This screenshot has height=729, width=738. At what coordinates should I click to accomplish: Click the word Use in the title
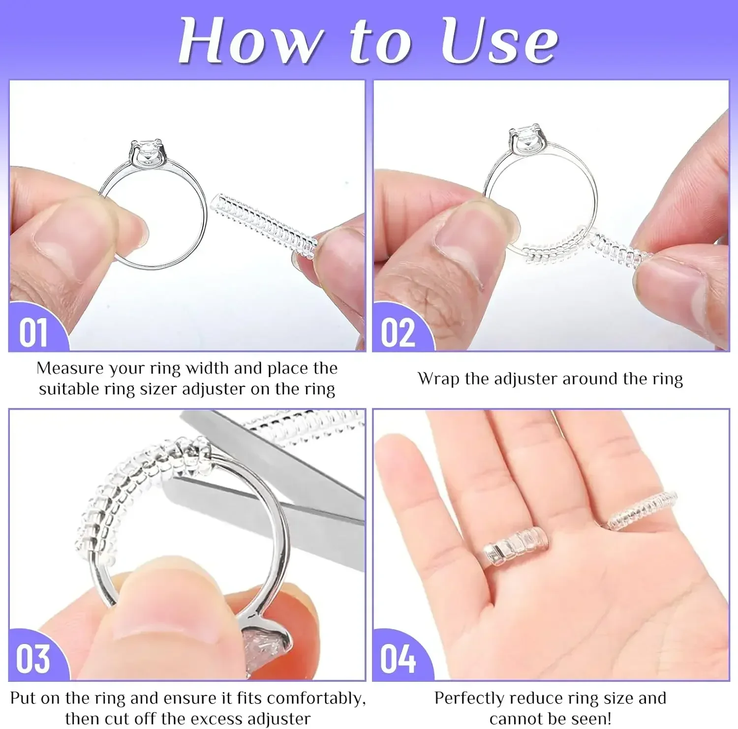(x=499, y=41)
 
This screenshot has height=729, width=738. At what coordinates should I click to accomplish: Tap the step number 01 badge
(x=34, y=332)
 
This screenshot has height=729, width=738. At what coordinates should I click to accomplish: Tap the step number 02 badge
(x=398, y=332)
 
